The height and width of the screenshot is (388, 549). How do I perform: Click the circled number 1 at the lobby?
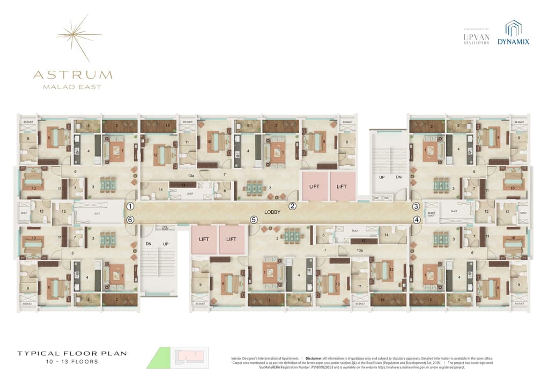130,206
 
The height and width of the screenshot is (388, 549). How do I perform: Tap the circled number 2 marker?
293,206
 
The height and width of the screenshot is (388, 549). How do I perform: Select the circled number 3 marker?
416,206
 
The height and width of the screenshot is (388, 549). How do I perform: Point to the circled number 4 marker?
416,219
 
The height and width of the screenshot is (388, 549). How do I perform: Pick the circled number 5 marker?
254,219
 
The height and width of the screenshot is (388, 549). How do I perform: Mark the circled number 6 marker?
129,219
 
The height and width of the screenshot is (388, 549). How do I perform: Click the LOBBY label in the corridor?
272,212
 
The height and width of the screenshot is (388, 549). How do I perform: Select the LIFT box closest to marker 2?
315,186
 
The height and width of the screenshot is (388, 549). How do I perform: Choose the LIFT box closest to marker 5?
231,239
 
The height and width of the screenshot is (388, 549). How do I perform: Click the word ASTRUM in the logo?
72,74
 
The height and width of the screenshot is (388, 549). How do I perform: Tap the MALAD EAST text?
72,87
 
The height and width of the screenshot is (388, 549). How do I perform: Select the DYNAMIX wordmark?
513,41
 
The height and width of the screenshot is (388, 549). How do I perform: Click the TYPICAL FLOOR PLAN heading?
72,354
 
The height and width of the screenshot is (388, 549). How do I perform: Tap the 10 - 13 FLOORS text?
72,362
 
